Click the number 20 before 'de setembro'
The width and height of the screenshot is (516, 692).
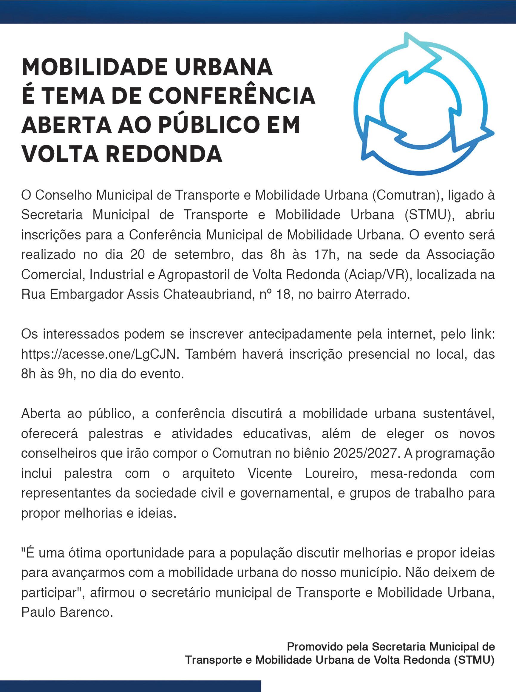pos(138,255)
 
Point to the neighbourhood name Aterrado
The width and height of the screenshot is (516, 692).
pos(382,294)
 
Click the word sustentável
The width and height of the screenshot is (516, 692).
pos(458,414)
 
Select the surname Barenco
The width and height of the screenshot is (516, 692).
pos(86,612)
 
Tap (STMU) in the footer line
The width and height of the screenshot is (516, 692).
pos(474,660)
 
